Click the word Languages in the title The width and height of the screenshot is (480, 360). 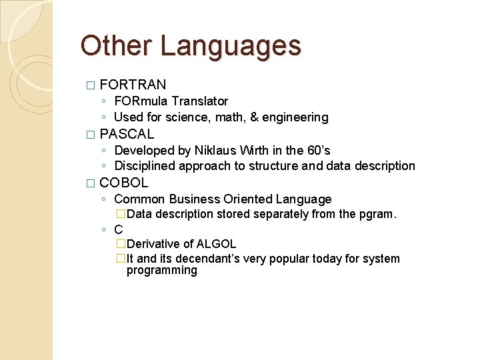tap(231, 47)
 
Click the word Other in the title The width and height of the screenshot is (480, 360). tap(117, 45)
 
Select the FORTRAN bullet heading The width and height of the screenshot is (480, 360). tap(133, 85)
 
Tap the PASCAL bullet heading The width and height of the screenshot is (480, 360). tap(127, 133)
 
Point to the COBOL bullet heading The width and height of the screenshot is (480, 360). tap(124, 183)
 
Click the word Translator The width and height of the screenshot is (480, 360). tap(199, 101)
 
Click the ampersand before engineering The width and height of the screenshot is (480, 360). tap(253, 117)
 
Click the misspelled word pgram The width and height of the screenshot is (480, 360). tap(379, 214)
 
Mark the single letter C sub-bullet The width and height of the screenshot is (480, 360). tap(119, 229)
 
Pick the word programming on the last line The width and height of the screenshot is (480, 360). tap(162, 271)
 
